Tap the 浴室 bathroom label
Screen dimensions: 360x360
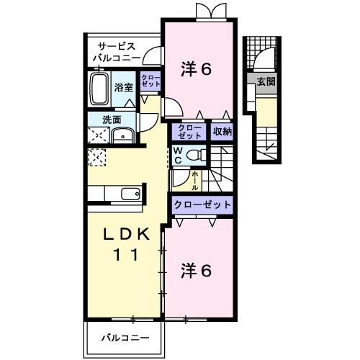[x=123, y=88]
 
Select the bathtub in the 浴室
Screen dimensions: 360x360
[x=99, y=90]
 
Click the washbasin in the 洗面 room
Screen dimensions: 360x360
[x=124, y=135]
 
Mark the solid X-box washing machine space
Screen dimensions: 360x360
[x=96, y=135]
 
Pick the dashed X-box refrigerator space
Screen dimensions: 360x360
[x=96, y=156]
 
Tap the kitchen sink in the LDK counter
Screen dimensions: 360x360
[x=130, y=194]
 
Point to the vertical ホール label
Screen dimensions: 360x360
[x=194, y=178]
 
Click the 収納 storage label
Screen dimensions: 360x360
[x=222, y=131]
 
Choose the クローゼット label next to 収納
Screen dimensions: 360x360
[x=190, y=131]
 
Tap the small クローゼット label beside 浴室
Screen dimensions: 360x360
[x=150, y=81]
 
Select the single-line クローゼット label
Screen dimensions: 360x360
[x=202, y=205]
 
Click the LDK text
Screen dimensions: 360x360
[x=121, y=235]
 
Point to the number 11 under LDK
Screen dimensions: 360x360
[x=121, y=254]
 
